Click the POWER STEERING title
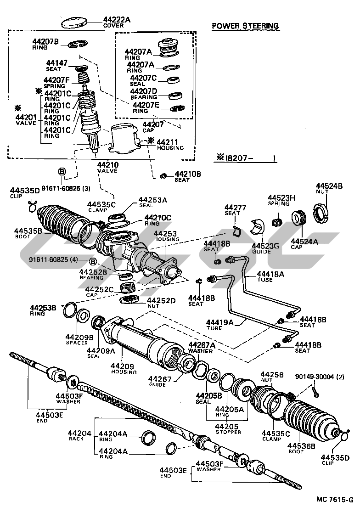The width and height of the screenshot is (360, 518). coord(245,26)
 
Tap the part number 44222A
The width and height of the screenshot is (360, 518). coord(117,20)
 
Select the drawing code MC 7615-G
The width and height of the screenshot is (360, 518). coord(334,499)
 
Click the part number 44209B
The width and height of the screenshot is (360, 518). coord(79,337)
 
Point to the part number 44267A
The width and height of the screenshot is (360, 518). coord(201,345)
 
